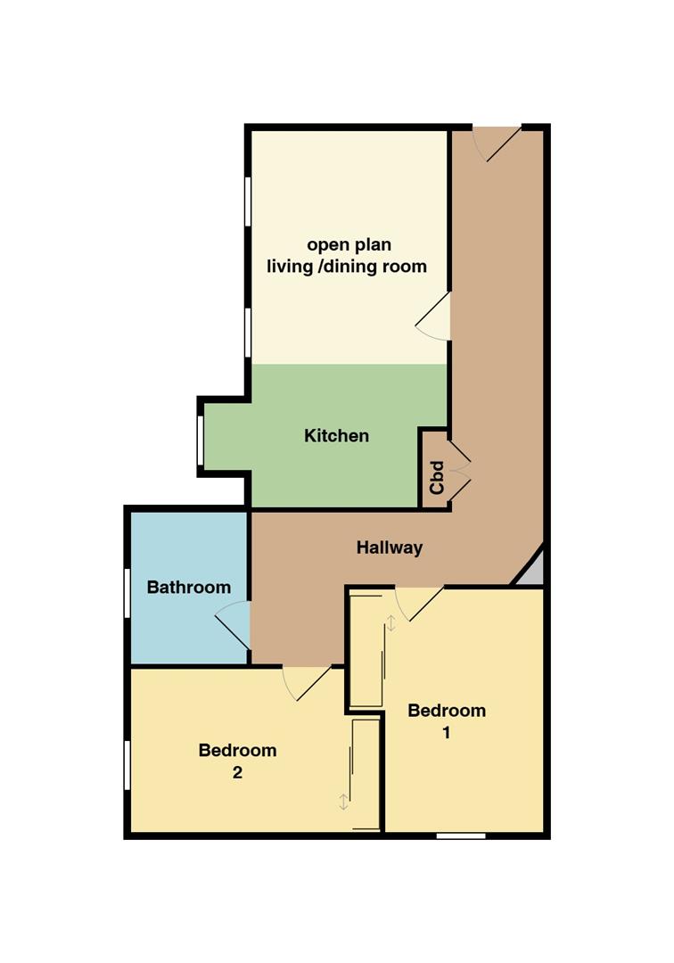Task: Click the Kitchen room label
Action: tap(336, 436)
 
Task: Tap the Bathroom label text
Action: tap(189, 587)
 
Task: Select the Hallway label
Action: tap(390, 547)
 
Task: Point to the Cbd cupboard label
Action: tap(437, 477)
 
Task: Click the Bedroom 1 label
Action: tap(447, 720)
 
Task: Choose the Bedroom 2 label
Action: tap(237, 761)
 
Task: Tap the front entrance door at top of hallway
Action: tap(496, 143)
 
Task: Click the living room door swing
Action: tap(433, 317)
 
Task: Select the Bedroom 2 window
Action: tap(127, 764)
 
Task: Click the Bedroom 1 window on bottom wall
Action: tap(461, 835)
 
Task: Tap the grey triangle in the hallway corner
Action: tap(532, 567)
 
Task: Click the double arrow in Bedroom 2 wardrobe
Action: tap(344, 802)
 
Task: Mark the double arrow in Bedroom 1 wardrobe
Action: tap(390, 622)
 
